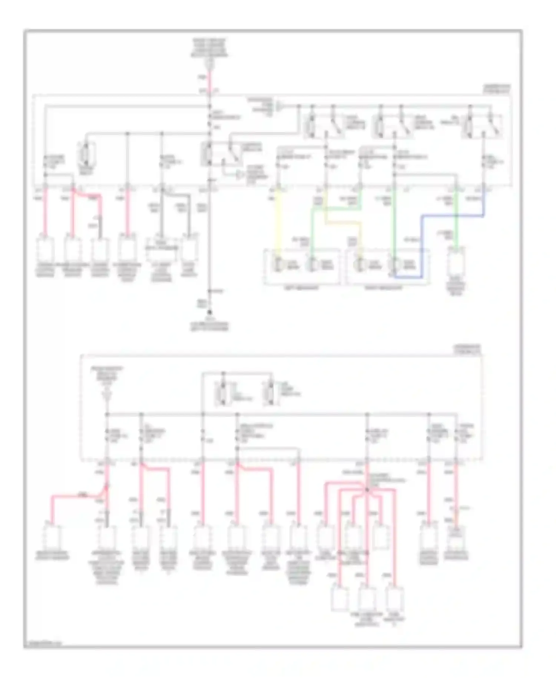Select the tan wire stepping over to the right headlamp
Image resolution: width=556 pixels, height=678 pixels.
pyautogui.click(x=343, y=223)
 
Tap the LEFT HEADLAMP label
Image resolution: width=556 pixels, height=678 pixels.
pyautogui.click(x=301, y=288)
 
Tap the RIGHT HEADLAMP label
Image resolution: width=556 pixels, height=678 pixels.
pyautogui.click(x=383, y=288)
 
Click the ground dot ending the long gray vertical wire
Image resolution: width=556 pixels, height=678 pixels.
pyautogui.click(x=209, y=312)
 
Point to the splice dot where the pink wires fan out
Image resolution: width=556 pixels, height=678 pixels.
pyautogui.click(x=367, y=490)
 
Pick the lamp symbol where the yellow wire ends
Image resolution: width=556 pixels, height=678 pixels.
pyautogui.click(x=278, y=264)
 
